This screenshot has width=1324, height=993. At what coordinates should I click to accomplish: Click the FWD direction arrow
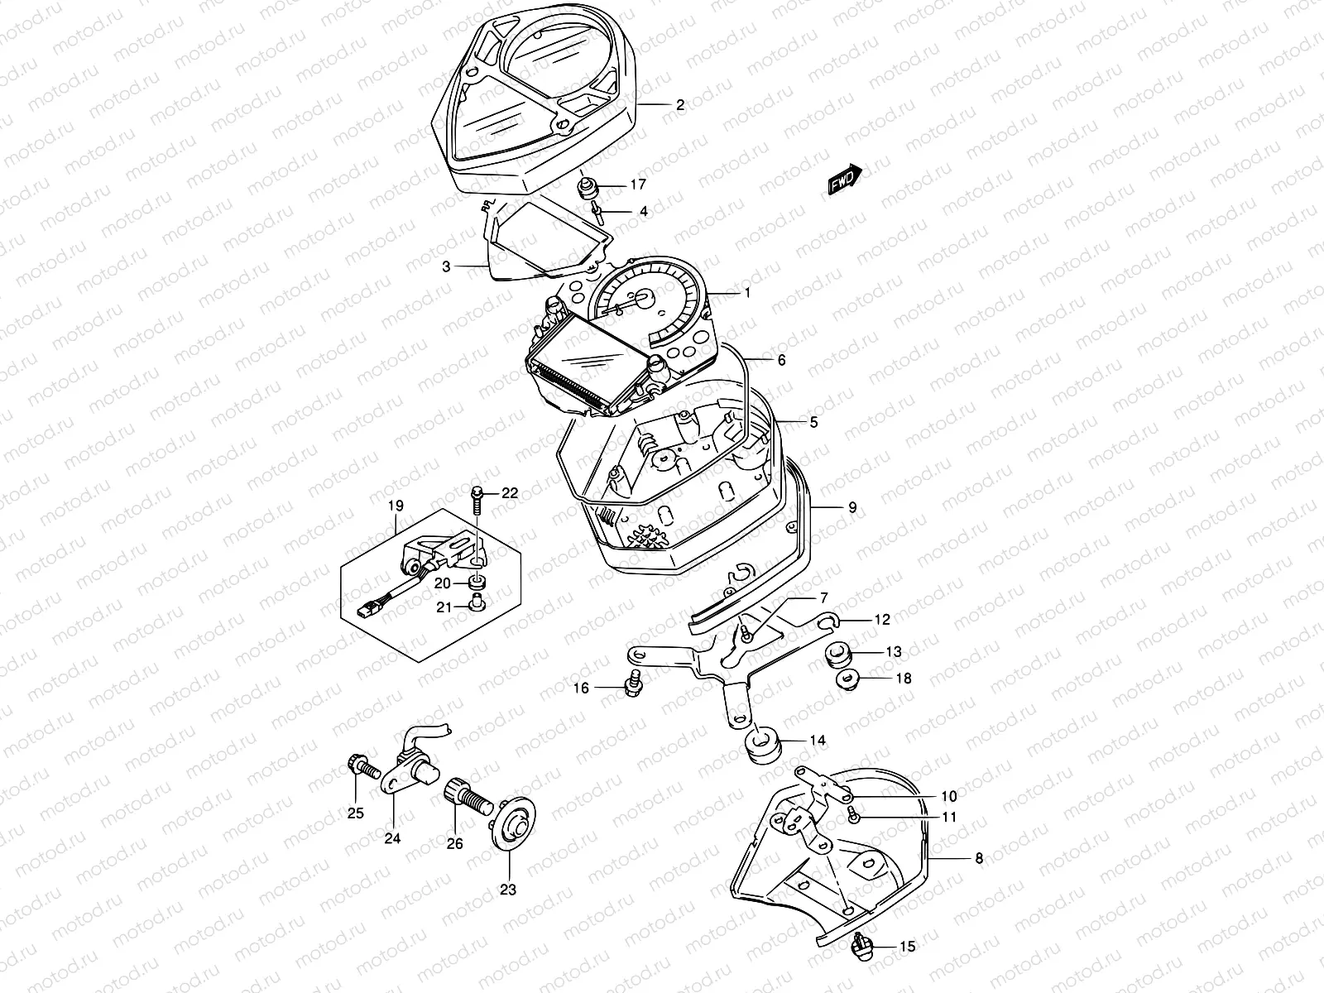[x=845, y=179]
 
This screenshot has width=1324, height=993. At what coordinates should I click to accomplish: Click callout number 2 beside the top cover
[x=680, y=105]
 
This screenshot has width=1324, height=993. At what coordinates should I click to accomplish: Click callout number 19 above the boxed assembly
[x=396, y=506]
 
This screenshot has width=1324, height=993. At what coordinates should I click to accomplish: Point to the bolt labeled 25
[x=361, y=769]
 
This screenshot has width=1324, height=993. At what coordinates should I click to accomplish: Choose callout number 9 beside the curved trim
[x=852, y=509]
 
